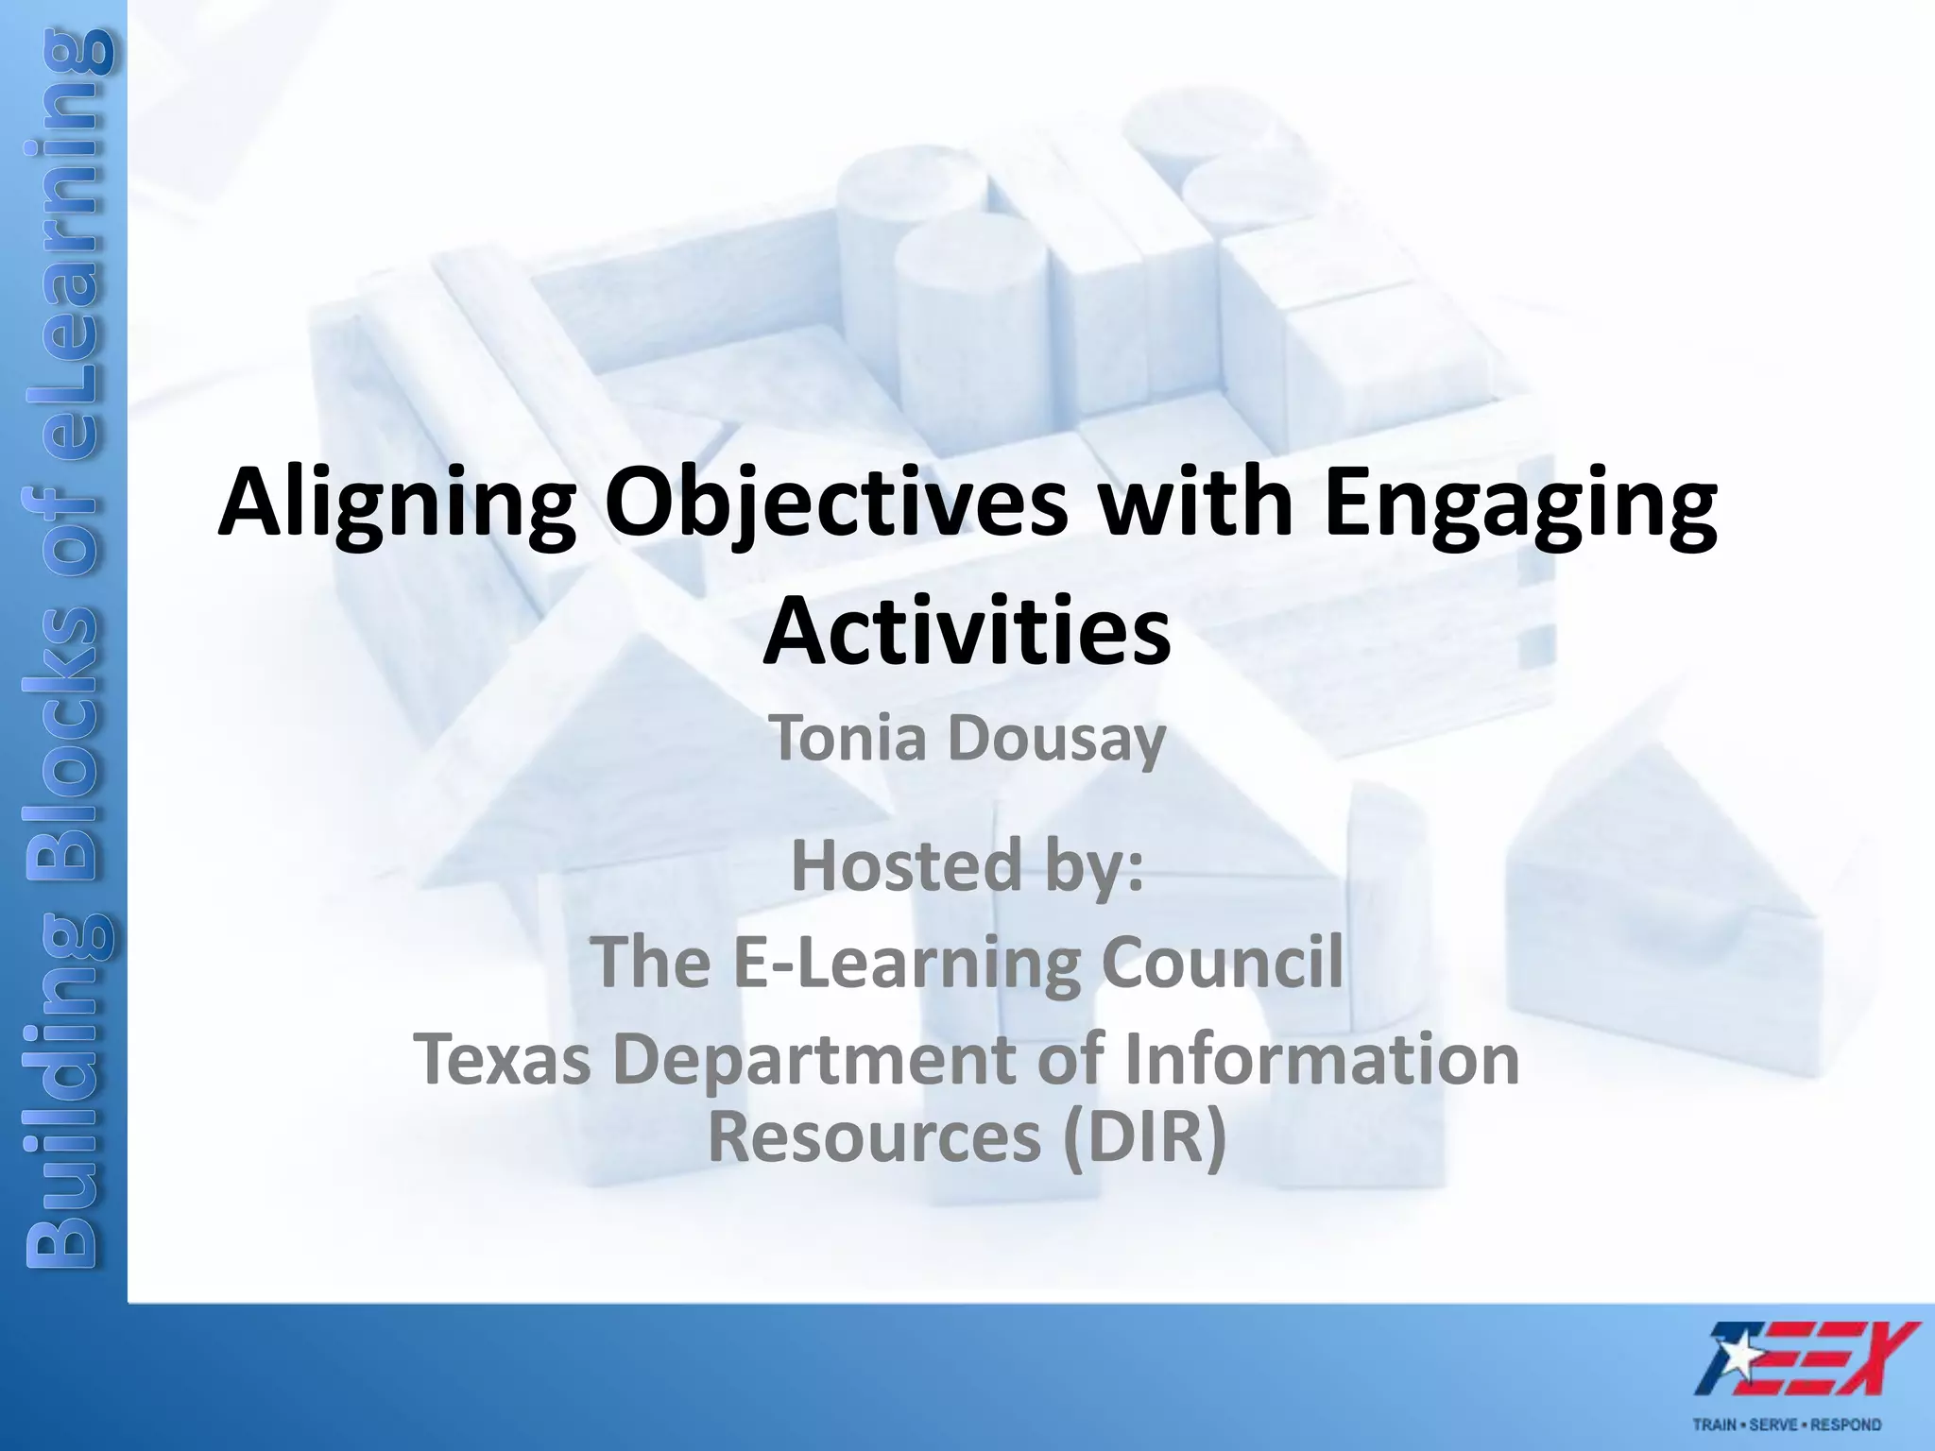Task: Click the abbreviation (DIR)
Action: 1144,1137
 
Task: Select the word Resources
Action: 874,1137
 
